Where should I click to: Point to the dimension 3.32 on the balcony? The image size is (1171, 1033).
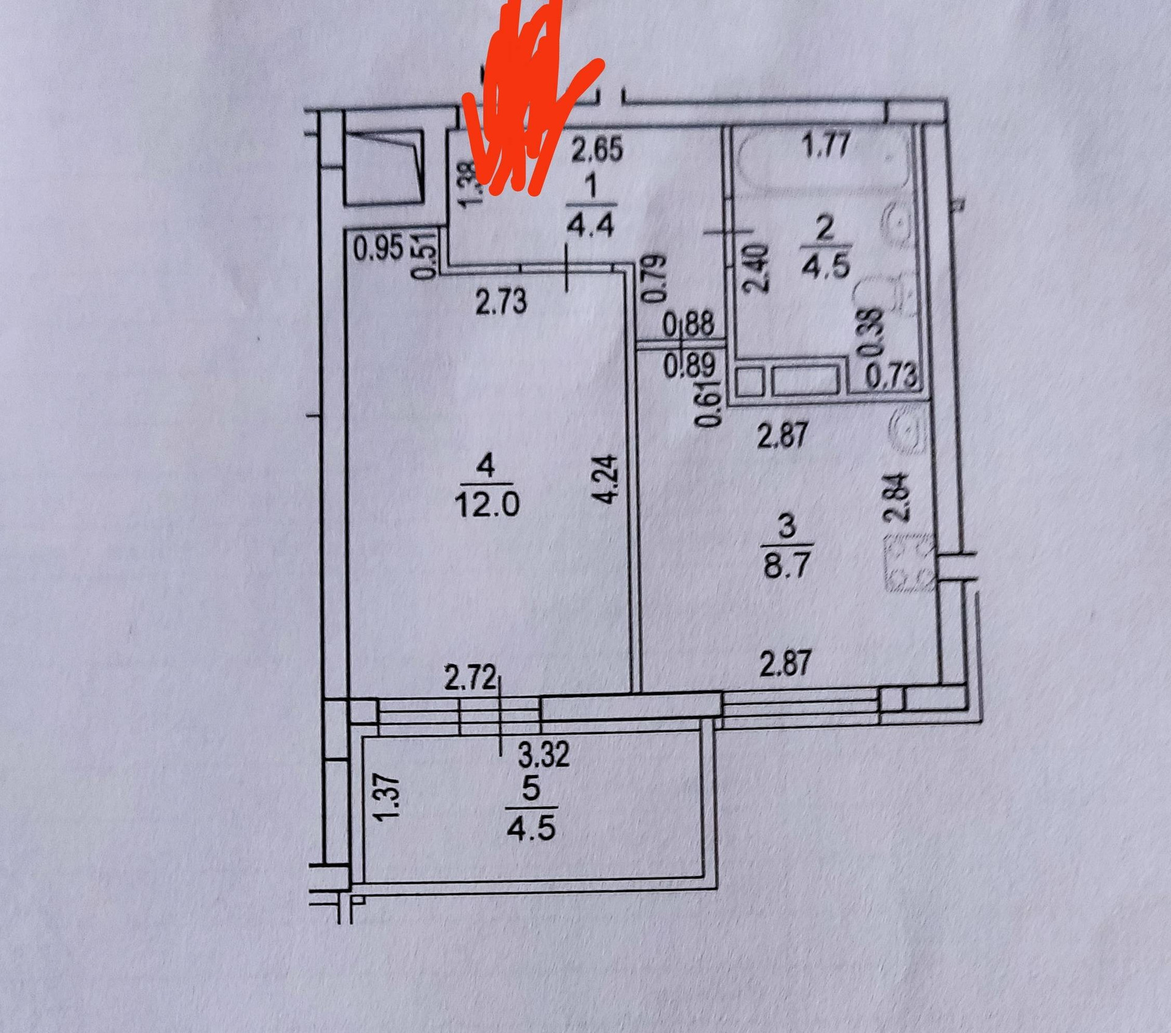[543, 754]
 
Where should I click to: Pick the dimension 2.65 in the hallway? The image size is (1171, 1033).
[597, 149]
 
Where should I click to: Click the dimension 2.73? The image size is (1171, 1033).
[501, 302]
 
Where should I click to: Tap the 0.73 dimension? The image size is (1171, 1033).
[892, 375]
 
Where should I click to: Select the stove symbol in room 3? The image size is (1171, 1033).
[909, 563]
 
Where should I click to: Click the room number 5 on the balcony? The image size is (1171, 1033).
[531, 788]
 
